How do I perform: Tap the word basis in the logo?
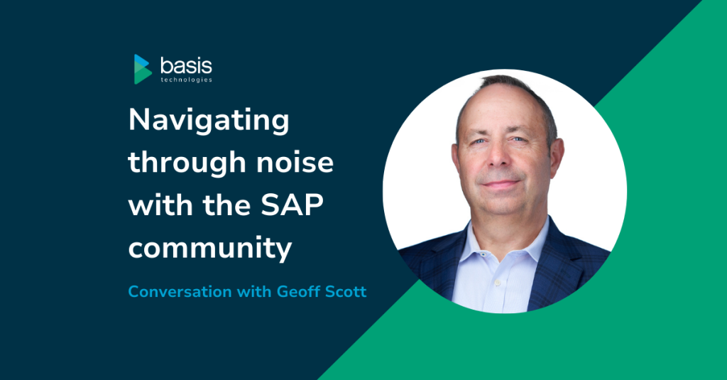[187, 65]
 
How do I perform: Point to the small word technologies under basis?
[187, 80]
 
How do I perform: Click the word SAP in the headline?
[292, 205]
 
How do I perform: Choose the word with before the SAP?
[160, 205]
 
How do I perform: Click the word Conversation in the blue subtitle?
[180, 291]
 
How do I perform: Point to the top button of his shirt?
[483, 255]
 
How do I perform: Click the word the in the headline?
[226, 205]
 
